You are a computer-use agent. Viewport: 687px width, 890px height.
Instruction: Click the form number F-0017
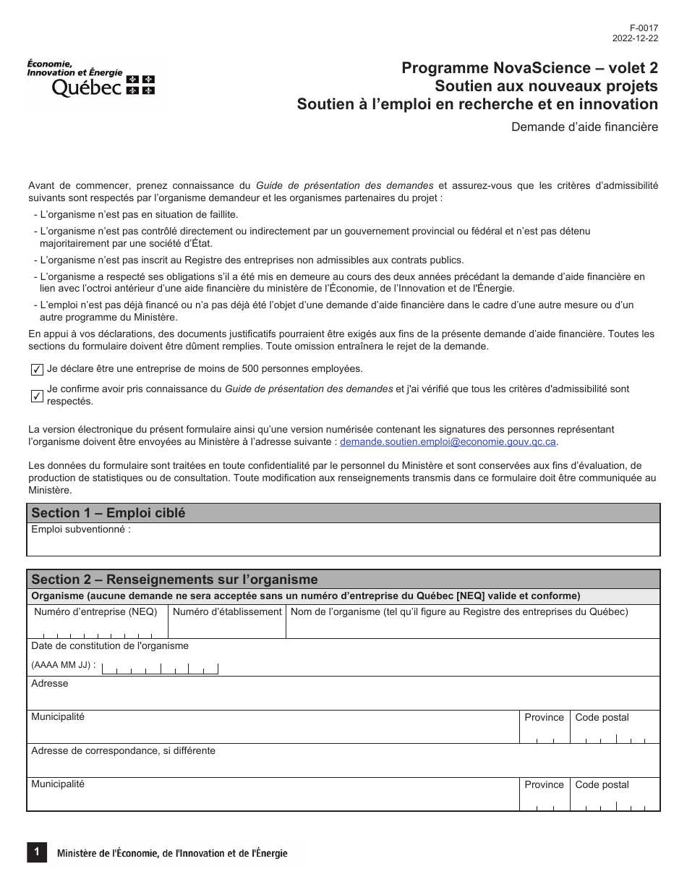pos(646,29)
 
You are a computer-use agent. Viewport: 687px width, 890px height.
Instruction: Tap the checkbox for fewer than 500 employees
pos(37,370)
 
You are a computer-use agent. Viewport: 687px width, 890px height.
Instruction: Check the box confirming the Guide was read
pos(37,395)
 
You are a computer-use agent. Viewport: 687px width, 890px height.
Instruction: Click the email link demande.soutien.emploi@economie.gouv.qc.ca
pos(448,441)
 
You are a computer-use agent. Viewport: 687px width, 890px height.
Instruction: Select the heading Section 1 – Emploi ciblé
pos(108,513)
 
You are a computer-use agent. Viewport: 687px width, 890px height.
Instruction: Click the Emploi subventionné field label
pos(81,530)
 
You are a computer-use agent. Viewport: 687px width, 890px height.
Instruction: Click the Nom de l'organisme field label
pos(459,612)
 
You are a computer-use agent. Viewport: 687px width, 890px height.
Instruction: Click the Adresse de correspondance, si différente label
pos(123,751)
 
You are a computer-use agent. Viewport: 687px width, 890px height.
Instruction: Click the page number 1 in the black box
pos(36,852)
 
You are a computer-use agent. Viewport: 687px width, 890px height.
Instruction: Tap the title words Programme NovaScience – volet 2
pos(529,68)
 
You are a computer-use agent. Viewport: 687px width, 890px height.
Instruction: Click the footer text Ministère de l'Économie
pos(172,854)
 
